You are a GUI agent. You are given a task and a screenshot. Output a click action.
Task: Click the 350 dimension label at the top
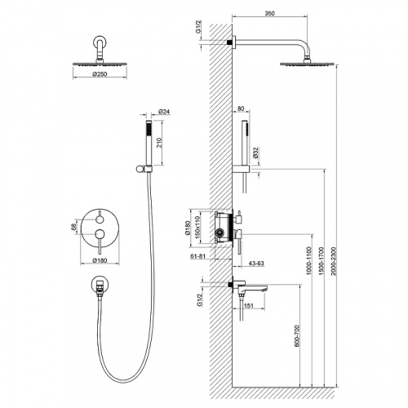point(270,13)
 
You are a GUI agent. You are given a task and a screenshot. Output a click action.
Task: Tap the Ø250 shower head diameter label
point(100,74)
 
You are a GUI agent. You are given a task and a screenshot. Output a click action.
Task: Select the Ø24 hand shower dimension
point(164,112)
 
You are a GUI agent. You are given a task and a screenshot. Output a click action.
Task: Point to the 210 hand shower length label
point(159,143)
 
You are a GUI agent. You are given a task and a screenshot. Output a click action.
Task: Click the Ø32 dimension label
point(255,153)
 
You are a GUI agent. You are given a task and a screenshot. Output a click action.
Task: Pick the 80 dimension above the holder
point(241,109)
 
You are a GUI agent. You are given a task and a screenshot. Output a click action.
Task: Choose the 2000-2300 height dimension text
point(334,261)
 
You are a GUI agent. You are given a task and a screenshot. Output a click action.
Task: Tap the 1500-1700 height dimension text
point(322,261)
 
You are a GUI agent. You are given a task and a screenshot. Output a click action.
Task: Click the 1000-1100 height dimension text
point(308,261)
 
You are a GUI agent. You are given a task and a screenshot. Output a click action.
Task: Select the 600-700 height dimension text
point(297,336)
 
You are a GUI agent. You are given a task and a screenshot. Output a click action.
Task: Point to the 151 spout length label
point(249,306)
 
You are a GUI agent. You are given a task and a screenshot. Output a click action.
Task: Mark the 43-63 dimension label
point(256,264)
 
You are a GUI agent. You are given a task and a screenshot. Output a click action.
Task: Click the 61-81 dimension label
point(197,256)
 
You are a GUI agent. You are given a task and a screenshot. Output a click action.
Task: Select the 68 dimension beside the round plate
point(73,227)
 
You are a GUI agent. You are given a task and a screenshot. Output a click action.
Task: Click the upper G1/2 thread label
point(198,27)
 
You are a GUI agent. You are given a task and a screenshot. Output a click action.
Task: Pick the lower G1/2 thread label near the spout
point(200,300)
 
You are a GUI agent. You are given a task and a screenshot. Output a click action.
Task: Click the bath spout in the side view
point(251,288)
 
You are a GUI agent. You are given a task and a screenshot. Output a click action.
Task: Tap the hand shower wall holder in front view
point(144,168)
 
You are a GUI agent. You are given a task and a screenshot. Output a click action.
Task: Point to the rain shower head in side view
point(307,64)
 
